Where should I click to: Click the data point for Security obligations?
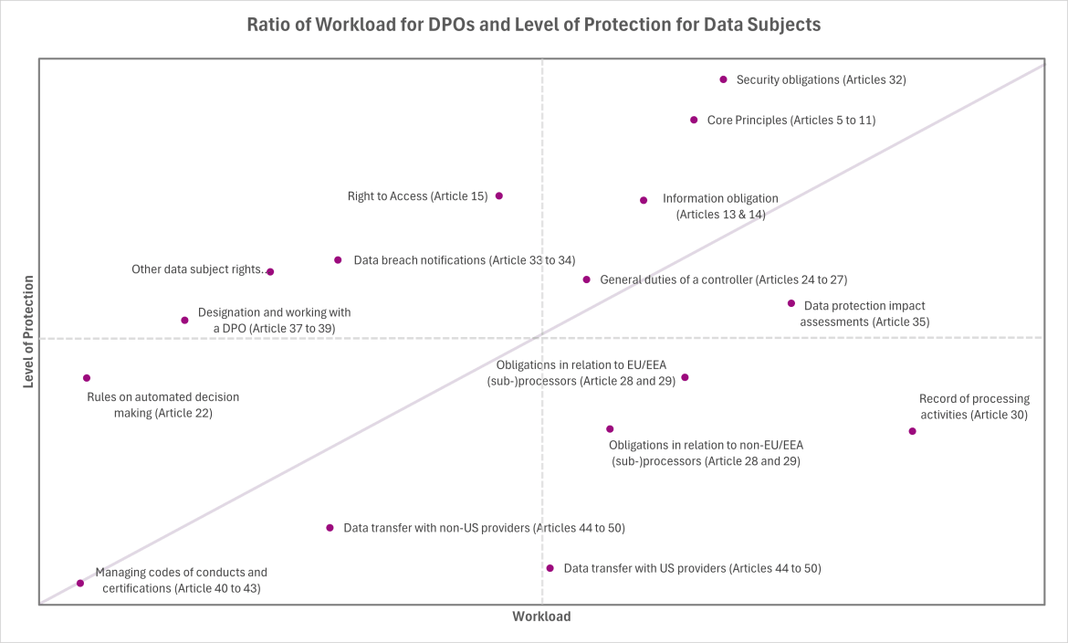[724, 79]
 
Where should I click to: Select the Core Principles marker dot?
[694, 120]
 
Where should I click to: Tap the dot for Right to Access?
[499, 195]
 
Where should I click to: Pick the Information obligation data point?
[644, 200]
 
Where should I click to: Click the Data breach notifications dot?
[338, 260]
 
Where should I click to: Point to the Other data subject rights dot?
[270, 271]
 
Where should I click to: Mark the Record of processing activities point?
[912, 431]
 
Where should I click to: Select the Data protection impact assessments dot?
[791, 303]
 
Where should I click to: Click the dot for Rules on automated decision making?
[87, 378]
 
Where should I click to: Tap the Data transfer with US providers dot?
[550, 568]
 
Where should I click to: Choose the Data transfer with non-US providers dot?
[330, 528]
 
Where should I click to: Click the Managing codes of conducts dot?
[80, 583]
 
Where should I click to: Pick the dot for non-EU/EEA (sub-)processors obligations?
[610, 428]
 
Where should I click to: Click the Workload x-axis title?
[541, 617]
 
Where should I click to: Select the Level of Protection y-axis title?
[28, 330]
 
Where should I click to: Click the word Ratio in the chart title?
[269, 25]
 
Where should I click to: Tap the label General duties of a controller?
[723, 279]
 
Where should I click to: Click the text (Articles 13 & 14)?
[720, 215]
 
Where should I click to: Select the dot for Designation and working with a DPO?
[184, 320]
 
